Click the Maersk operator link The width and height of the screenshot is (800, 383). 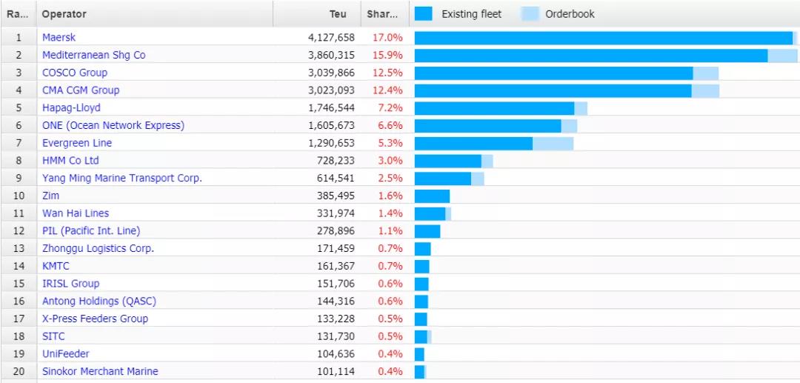[x=59, y=37]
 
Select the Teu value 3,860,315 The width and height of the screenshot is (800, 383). [x=331, y=55]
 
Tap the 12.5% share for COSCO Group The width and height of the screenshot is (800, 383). [x=387, y=73]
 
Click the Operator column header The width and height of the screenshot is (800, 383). [x=64, y=14]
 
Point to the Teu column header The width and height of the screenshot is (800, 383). [x=338, y=14]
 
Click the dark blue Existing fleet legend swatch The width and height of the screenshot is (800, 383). [x=424, y=14]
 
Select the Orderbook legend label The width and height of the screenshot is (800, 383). [x=570, y=14]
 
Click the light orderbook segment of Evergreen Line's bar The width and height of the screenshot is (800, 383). [x=553, y=143]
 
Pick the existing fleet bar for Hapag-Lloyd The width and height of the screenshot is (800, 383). [x=494, y=108]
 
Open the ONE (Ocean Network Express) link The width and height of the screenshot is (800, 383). [x=113, y=125]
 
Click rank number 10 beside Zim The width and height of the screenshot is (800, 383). [x=19, y=196]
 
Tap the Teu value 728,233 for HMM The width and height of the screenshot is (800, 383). [x=335, y=161]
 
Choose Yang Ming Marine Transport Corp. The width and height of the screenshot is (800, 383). [x=122, y=179]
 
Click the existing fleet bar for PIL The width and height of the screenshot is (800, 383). [x=427, y=231]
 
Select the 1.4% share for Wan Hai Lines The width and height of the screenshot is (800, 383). [x=390, y=213]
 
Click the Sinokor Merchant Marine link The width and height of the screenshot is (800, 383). [x=100, y=371]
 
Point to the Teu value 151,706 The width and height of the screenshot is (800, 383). [x=335, y=284]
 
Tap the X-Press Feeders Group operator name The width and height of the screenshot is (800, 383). [x=95, y=319]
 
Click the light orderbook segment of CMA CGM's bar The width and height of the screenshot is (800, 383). [x=705, y=90]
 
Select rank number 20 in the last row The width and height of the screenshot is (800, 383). [x=19, y=371]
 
